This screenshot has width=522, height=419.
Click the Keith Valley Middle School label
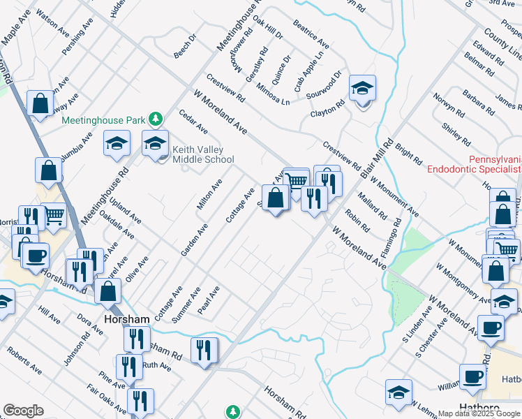[203, 154]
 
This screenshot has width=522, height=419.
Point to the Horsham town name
[126, 319]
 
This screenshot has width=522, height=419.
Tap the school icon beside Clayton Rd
[362, 89]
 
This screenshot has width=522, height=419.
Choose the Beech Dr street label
[186, 46]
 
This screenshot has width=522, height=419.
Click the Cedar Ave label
[193, 121]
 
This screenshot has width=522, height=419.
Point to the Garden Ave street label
[195, 239]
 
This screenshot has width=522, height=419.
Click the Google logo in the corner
[23, 411]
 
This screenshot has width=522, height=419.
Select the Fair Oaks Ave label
[102, 398]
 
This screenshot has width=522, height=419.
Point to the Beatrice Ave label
[311, 31]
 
